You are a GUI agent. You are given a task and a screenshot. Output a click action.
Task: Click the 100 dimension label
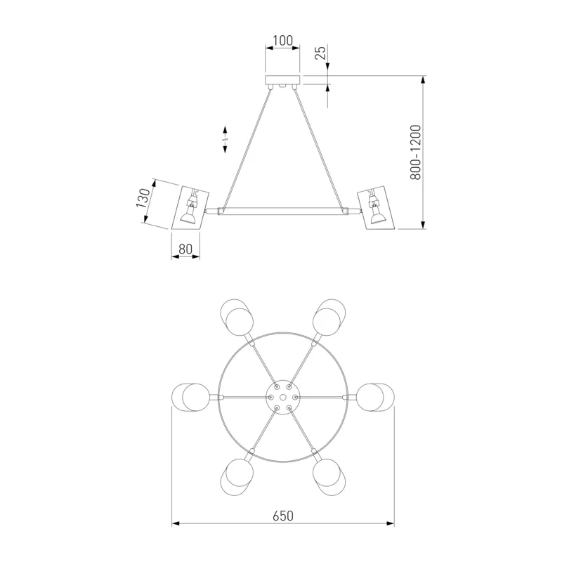283,41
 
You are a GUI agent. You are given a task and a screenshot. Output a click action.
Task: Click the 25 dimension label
321,53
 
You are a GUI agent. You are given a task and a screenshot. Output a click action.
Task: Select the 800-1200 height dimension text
415,152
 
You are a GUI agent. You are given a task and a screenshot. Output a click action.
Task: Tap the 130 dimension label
143,198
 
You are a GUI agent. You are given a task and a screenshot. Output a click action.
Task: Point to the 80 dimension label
185,249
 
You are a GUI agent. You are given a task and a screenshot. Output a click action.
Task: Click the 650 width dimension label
283,516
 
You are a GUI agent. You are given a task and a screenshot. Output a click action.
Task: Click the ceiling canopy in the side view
282,80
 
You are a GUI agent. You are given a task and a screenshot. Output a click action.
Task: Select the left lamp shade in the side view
190,207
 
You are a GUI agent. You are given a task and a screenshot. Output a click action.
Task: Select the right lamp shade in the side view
376,207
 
